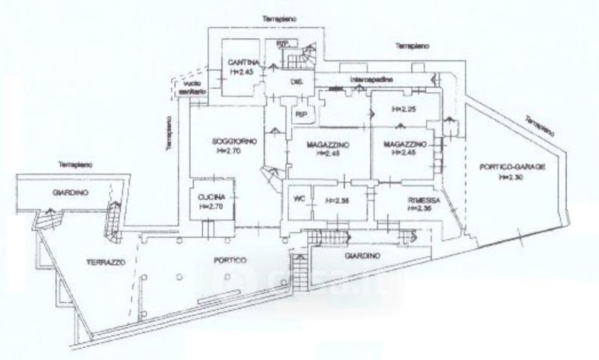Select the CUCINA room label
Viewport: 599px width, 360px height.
(207, 196)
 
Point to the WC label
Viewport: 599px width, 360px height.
(298, 199)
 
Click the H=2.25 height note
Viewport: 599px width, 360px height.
(403, 110)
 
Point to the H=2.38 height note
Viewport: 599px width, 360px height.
(337, 199)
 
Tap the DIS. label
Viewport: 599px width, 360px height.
(287, 83)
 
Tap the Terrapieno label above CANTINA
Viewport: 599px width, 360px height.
(271, 17)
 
